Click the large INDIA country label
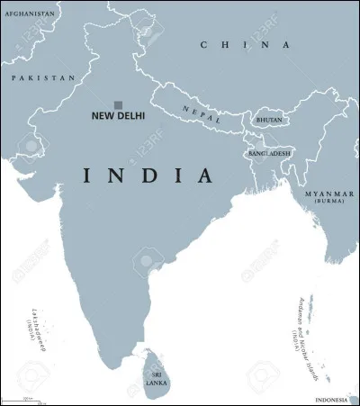(x=148, y=175)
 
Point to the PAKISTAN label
(x=42, y=78)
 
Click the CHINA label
(x=246, y=45)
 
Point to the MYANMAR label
(x=328, y=194)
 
